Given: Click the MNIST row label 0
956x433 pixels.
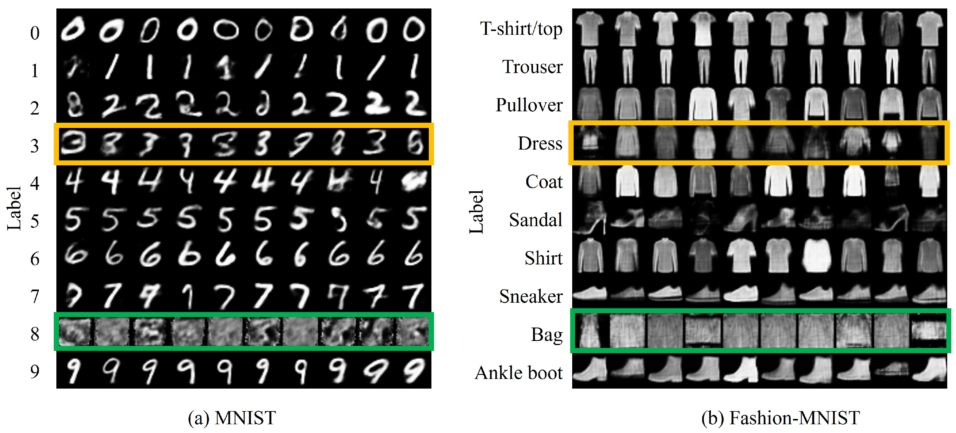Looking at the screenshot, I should pyautogui.click(x=34, y=33).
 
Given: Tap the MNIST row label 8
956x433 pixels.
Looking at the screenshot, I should pyautogui.click(x=34, y=334).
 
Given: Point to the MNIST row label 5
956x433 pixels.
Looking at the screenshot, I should pyautogui.click(x=34, y=221).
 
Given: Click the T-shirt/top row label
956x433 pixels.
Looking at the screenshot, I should pyautogui.click(x=521, y=29).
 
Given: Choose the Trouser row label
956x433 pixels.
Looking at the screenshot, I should pyautogui.click(x=532, y=67).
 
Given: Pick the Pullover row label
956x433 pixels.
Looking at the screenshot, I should pyautogui.click(x=529, y=105).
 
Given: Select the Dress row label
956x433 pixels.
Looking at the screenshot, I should pyautogui.click(x=540, y=143).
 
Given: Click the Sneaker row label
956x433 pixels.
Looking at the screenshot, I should pyautogui.click(x=531, y=296).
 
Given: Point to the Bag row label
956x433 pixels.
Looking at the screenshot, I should pyautogui.click(x=547, y=335).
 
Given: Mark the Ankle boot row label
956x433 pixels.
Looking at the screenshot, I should pyautogui.click(x=518, y=373).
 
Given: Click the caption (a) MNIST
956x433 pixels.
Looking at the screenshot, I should pyautogui.click(x=232, y=418).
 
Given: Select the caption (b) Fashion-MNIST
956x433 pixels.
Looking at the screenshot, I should pyautogui.click(x=780, y=418).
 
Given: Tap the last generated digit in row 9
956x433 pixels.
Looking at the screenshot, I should pyautogui.click(x=413, y=370).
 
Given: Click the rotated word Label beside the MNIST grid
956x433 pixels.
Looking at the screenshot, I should pyautogui.click(x=14, y=208).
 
